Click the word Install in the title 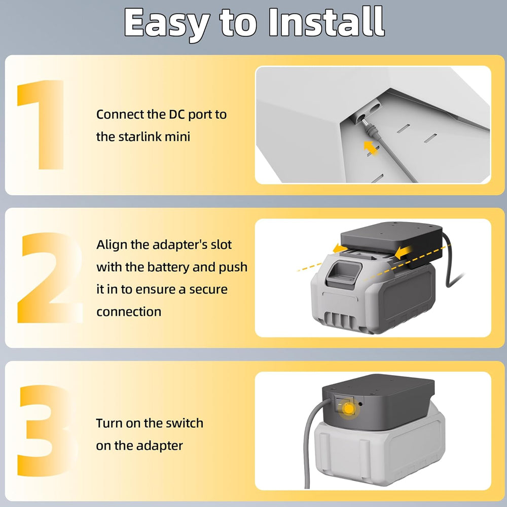click(x=327, y=22)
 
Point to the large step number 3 click(x=45, y=430)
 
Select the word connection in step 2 click(x=129, y=312)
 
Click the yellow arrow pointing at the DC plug click(x=371, y=148)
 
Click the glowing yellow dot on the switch click(x=349, y=409)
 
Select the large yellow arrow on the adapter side click(x=404, y=251)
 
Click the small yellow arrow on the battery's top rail click(x=340, y=248)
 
